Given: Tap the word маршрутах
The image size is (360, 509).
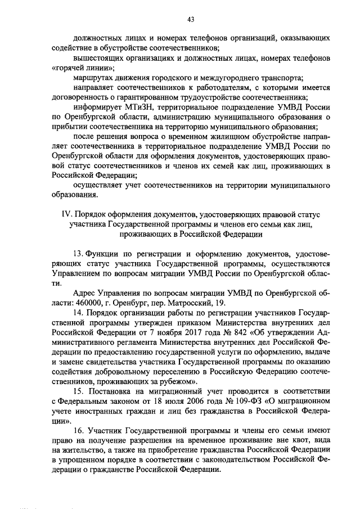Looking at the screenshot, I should point(93,78).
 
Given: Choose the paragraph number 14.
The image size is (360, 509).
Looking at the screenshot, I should point(78,313).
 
